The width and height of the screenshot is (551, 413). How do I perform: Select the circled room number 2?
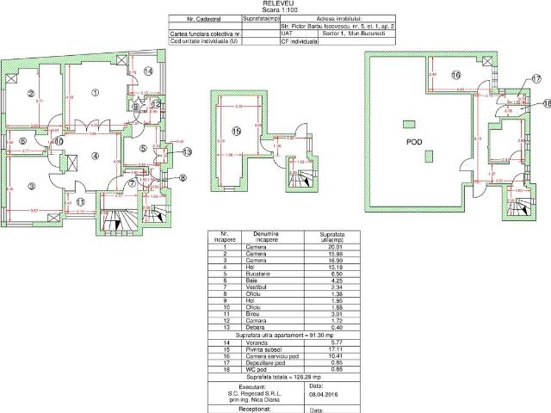point(29,94)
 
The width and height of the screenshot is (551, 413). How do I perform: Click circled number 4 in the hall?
point(96,156)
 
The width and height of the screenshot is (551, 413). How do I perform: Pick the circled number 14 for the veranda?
point(147,71)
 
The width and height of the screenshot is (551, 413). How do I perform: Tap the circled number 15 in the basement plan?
point(236,129)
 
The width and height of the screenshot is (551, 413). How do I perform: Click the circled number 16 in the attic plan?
point(455,75)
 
